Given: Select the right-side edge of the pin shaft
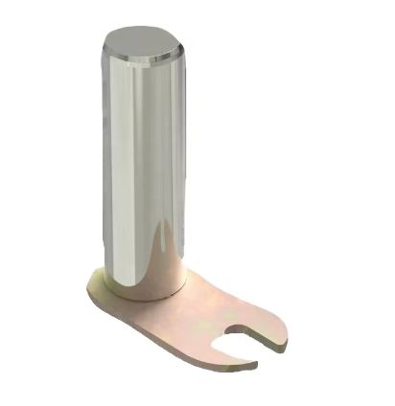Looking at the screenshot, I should (x=181, y=163).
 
